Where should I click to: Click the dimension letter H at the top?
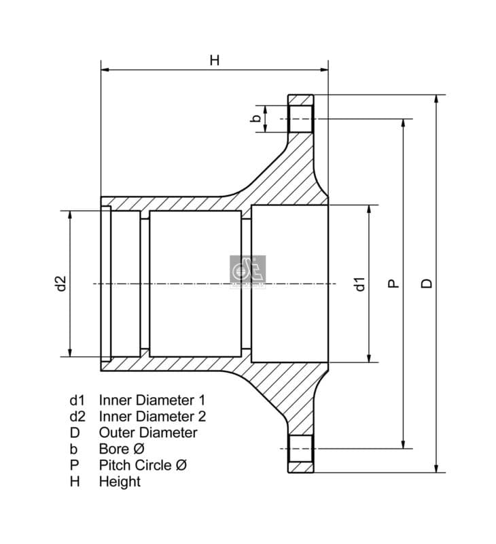215,60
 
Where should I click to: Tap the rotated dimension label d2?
61,283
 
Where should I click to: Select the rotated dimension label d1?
360,283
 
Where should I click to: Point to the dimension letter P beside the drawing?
393,283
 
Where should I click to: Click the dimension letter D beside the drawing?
426,283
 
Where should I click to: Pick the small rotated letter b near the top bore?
256,118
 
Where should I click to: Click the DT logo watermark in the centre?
247,271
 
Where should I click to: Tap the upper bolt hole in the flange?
300,118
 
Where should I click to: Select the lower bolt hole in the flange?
300,448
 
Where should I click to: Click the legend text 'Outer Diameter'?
148,432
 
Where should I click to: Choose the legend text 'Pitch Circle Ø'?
143,465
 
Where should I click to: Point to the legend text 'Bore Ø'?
122,449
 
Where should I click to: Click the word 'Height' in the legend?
120,481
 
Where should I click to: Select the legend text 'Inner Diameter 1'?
152,400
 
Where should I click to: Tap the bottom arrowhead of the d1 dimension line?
370,358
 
